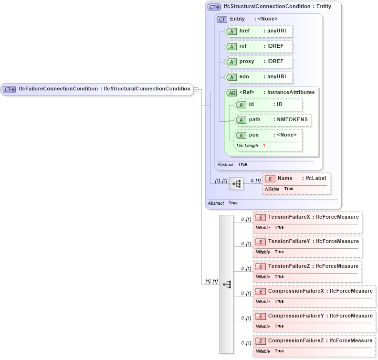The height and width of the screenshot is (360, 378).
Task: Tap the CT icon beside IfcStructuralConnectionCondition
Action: click(x=214, y=7)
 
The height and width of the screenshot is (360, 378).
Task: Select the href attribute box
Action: click(x=259, y=31)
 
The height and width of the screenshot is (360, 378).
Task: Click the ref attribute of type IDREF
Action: click(x=259, y=46)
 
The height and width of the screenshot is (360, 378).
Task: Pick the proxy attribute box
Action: click(x=259, y=62)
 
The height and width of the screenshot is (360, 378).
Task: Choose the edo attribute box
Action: click(x=259, y=77)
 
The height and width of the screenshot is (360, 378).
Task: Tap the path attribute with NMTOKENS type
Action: click(x=273, y=120)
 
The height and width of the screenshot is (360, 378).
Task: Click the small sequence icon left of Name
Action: click(x=236, y=183)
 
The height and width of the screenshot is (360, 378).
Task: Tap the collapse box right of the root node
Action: click(x=196, y=89)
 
